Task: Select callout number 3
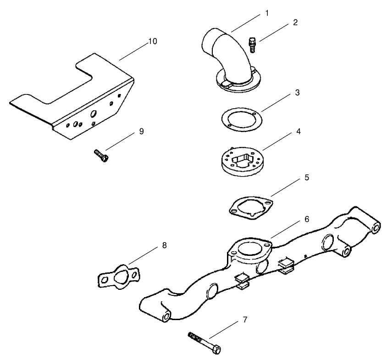[297, 93]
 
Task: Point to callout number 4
[298, 131]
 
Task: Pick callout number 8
[165, 245]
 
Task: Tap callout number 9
[141, 131]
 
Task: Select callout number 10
[152, 41]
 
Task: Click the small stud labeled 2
[251, 45]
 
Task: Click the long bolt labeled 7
[205, 342]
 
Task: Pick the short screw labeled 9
[101, 155]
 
